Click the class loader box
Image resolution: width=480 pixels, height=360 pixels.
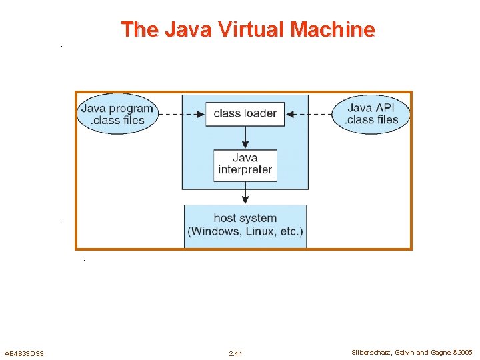click(245, 114)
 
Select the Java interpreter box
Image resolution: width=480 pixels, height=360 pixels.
click(245, 164)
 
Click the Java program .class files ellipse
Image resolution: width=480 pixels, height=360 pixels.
click(117, 114)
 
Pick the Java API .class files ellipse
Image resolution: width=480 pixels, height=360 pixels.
click(372, 114)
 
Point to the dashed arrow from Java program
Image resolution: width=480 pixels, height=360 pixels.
click(181, 114)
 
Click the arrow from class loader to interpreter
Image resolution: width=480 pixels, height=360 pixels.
click(245, 137)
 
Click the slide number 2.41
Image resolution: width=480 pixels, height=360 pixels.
click(235, 353)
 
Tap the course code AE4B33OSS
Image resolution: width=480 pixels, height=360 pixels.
click(24, 353)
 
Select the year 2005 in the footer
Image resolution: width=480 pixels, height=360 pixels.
click(465, 352)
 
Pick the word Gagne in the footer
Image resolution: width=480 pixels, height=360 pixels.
click(440, 352)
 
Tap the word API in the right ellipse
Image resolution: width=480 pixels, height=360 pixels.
click(385, 108)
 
